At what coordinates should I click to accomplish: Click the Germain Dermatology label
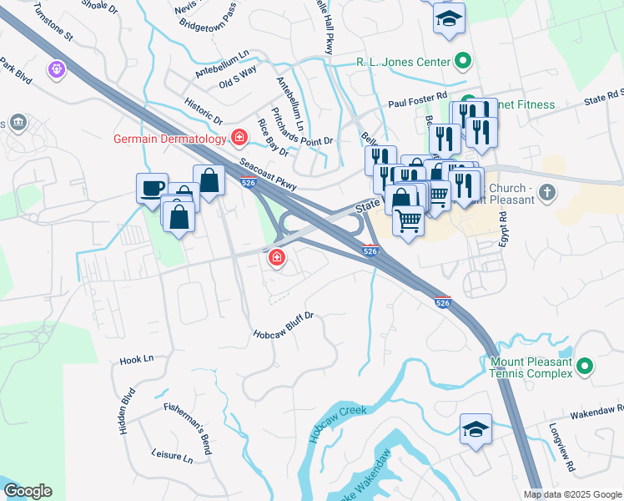click(170, 138)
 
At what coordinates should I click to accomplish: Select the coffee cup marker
click(152, 188)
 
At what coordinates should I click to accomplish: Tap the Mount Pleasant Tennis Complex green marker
click(585, 366)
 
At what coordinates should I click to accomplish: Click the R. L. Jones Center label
click(403, 61)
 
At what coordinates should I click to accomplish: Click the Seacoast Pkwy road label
click(267, 171)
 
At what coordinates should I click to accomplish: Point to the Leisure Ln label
click(172, 458)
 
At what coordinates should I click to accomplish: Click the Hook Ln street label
click(137, 359)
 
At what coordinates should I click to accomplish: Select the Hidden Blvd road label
click(127, 410)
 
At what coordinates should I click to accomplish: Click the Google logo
click(28, 491)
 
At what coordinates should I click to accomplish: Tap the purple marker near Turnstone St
click(56, 68)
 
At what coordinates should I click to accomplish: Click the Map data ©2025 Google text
click(571, 494)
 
